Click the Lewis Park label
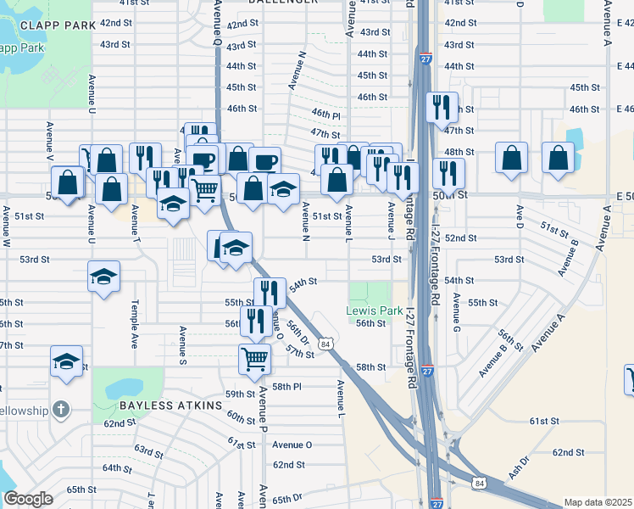[x=375, y=310]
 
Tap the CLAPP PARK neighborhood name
[x=58, y=25]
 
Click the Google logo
[x=29, y=499]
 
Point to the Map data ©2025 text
[x=598, y=502]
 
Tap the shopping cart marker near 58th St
[x=255, y=360]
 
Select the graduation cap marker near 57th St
[x=66, y=361]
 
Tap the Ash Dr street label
[x=519, y=466]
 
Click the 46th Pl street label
[x=325, y=114]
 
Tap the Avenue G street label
[x=456, y=312]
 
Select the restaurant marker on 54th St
[x=269, y=293]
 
